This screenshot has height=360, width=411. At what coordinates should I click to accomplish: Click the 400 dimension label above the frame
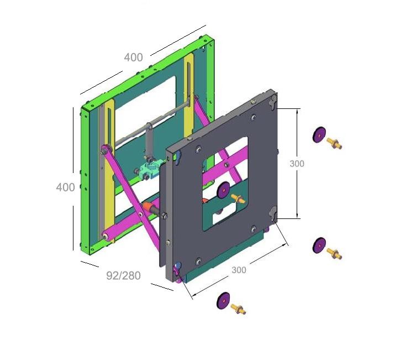click(134, 58)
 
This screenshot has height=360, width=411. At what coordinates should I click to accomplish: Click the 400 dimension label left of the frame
click(66, 187)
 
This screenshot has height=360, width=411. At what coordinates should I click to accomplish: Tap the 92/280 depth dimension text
click(123, 275)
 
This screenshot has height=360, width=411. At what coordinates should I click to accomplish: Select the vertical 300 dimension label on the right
click(297, 164)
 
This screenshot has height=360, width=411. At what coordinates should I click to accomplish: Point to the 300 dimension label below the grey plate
click(239, 270)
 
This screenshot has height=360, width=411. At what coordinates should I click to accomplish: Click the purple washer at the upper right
click(319, 135)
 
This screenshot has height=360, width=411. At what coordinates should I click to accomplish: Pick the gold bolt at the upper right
click(334, 144)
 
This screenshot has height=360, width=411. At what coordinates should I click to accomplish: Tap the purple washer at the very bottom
click(223, 300)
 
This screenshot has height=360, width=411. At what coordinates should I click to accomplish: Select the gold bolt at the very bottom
click(238, 309)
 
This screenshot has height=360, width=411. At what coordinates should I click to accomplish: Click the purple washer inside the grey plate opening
click(224, 190)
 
